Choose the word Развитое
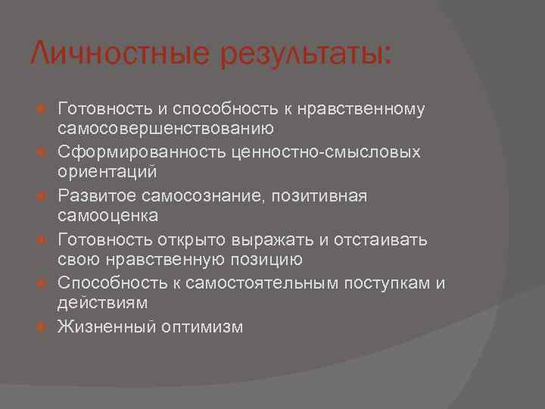pos(95,195)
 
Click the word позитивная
pos(321,195)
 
